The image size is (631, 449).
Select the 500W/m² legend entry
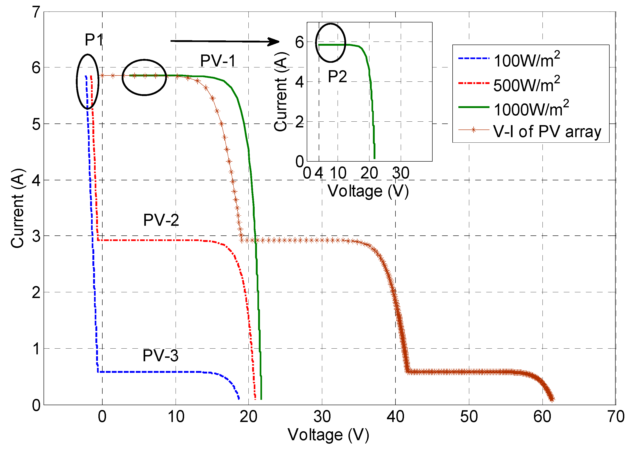tap(527, 84)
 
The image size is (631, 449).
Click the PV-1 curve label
tap(218, 61)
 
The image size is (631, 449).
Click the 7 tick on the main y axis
tap(36, 12)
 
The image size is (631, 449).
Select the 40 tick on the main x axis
tap(395, 416)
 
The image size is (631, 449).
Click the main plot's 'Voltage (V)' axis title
tap(328, 435)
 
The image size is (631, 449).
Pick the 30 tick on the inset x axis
tap(401, 173)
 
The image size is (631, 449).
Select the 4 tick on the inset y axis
tap(300, 82)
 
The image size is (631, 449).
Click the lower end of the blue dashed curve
tap(239, 398)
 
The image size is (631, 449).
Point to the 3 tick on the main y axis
tap(36, 236)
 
